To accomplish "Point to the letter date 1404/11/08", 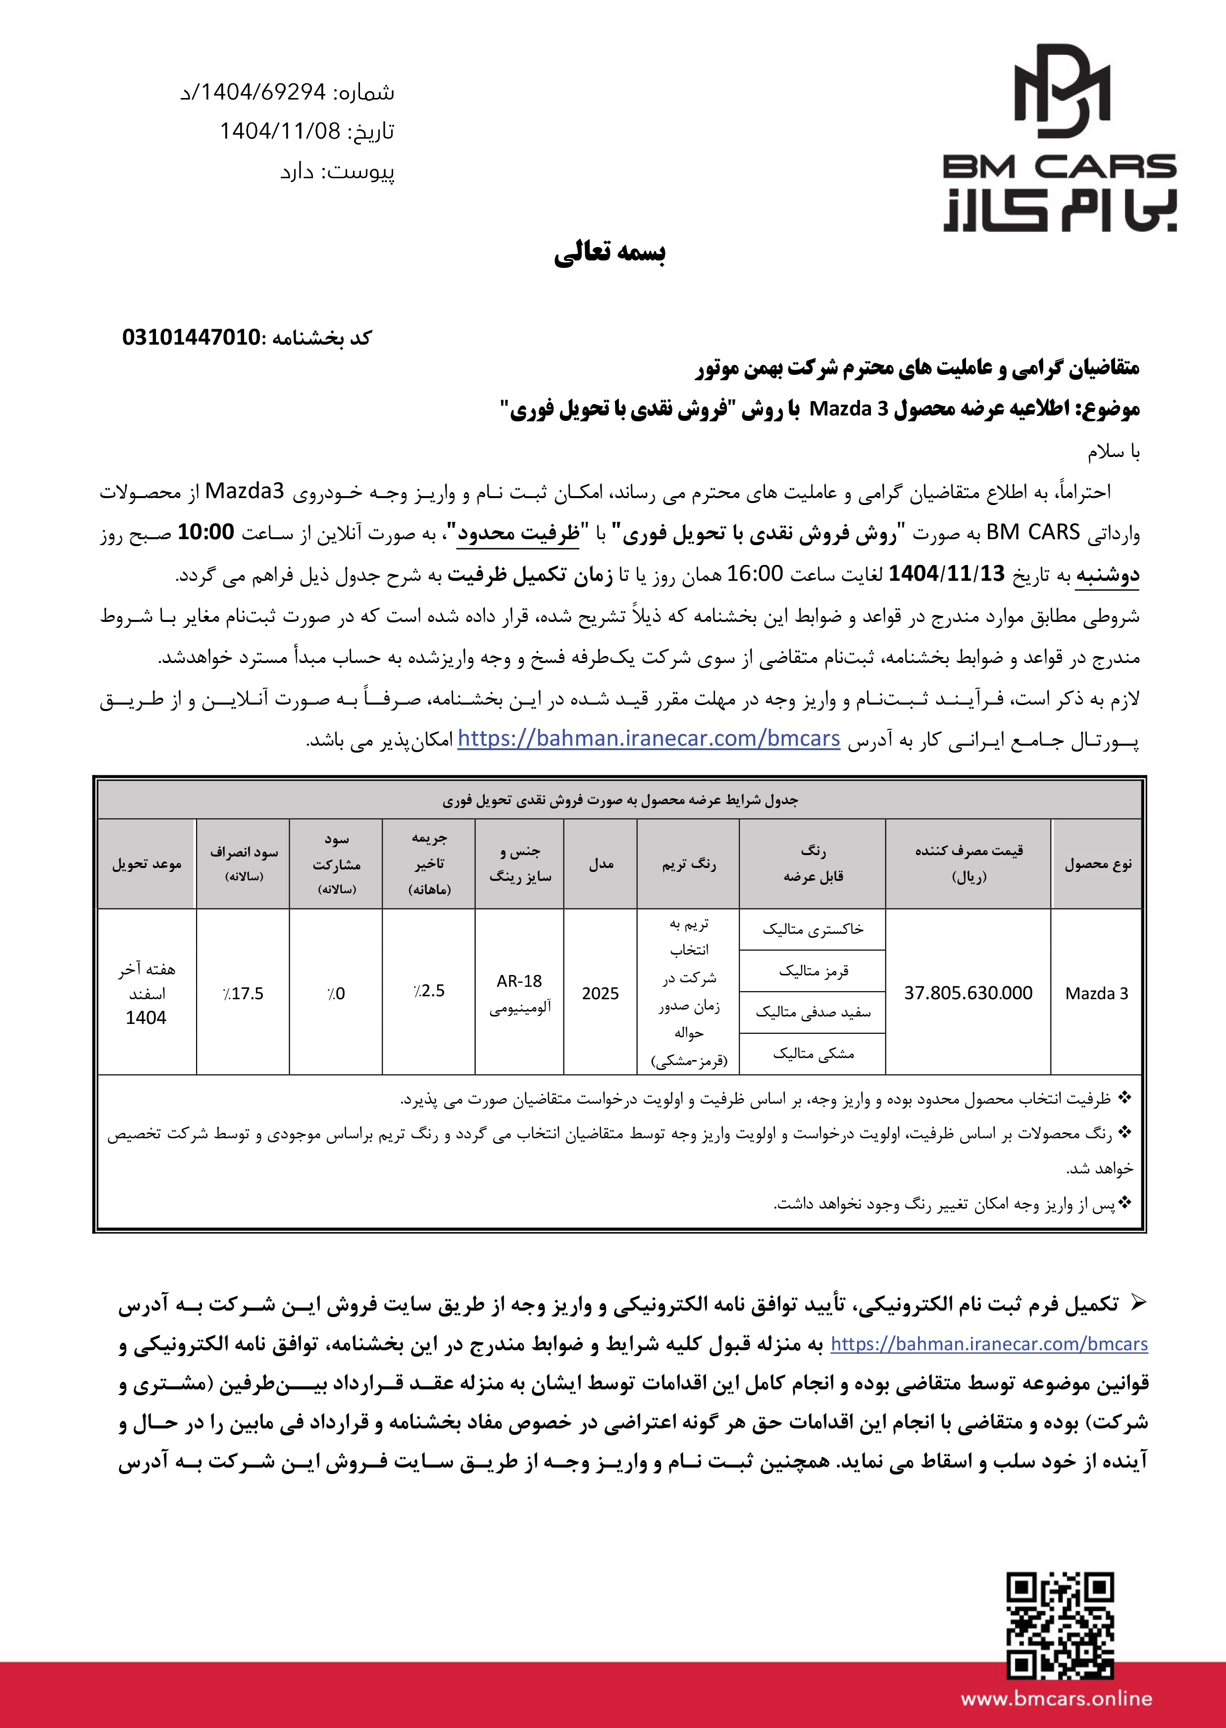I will [280, 131].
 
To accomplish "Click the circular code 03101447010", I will [192, 338].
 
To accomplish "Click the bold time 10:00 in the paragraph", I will [205, 532].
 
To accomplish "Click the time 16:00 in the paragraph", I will [755, 574].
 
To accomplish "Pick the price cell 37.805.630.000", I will [968, 993].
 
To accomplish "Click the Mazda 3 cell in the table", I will [1096, 993].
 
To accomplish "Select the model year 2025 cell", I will [600, 993].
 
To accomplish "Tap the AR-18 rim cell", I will [519, 981].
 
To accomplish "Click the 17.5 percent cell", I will [243, 993].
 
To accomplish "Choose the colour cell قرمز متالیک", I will [813, 971].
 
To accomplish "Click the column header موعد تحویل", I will [147, 864].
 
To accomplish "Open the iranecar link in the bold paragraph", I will [989, 1344].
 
